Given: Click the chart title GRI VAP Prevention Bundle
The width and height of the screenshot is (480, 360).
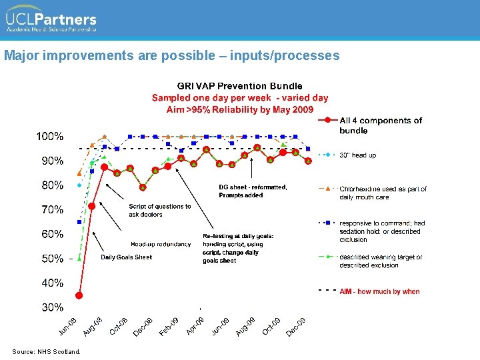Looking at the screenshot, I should click(x=239, y=86).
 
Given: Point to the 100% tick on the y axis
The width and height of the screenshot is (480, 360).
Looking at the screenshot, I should click(x=50, y=137).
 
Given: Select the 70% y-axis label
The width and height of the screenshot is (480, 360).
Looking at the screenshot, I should click(x=50, y=210).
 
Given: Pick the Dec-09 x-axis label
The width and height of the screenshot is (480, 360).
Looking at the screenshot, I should click(x=297, y=325).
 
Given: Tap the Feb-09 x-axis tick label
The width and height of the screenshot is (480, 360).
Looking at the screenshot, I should click(x=169, y=325).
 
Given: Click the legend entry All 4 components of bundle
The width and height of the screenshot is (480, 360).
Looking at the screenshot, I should click(x=380, y=125).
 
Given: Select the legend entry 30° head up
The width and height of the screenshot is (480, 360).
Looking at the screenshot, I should click(x=358, y=155).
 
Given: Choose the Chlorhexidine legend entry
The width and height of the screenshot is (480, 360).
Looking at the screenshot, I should click(x=383, y=193).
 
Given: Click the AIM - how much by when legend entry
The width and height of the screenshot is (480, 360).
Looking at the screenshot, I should click(x=379, y=291).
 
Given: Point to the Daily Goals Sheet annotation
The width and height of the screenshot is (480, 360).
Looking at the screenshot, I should click(x=126, y=257).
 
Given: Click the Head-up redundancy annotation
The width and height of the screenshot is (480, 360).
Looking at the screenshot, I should click(x=161, y=244).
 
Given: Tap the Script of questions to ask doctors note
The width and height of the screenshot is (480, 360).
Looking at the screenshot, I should click(x=159, y=210).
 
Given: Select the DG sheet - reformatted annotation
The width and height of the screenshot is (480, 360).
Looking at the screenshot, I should click(x=253, y=191).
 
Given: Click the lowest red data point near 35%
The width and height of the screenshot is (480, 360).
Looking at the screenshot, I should click(x=79, y=295).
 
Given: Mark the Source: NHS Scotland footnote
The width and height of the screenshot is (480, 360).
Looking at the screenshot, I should click(x=46, y=351).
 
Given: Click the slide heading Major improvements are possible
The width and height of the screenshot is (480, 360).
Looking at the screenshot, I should click(x=171, y=55).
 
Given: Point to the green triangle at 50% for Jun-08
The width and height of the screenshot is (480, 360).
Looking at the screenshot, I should click(x=79, y=257).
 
